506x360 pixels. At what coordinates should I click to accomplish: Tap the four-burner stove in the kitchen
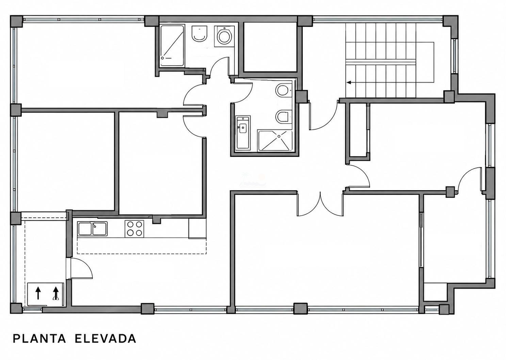[134, 229]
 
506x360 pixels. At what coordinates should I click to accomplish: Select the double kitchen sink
[93, 229]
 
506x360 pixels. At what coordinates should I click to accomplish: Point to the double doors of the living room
[320, 204]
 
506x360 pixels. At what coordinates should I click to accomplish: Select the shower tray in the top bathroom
[172, 46]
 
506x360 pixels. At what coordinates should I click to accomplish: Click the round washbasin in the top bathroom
[224, 36]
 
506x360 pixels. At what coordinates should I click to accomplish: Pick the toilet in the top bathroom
[199, 34]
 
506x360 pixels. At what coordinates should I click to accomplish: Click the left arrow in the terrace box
[38, 293]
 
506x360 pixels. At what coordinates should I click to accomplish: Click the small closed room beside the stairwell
[270, 47]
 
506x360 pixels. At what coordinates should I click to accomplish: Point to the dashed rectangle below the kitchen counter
[142, 246]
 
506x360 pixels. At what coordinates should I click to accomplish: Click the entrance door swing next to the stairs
[324, 115]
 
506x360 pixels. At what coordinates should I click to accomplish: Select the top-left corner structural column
[16, 21]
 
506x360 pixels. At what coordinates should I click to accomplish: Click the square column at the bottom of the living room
[300, 309]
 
